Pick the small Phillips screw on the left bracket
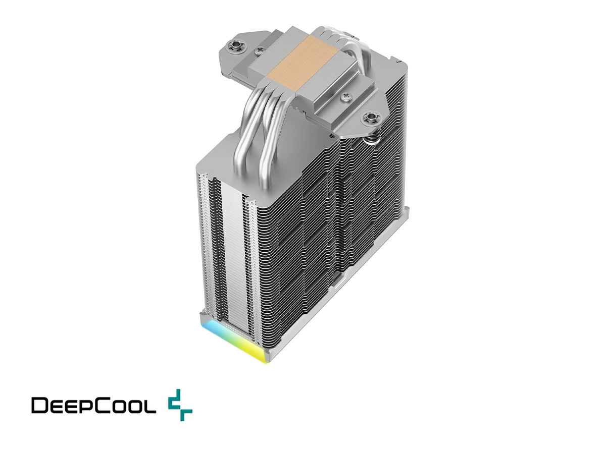coord(260,50)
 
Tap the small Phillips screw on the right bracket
coord(345,96)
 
